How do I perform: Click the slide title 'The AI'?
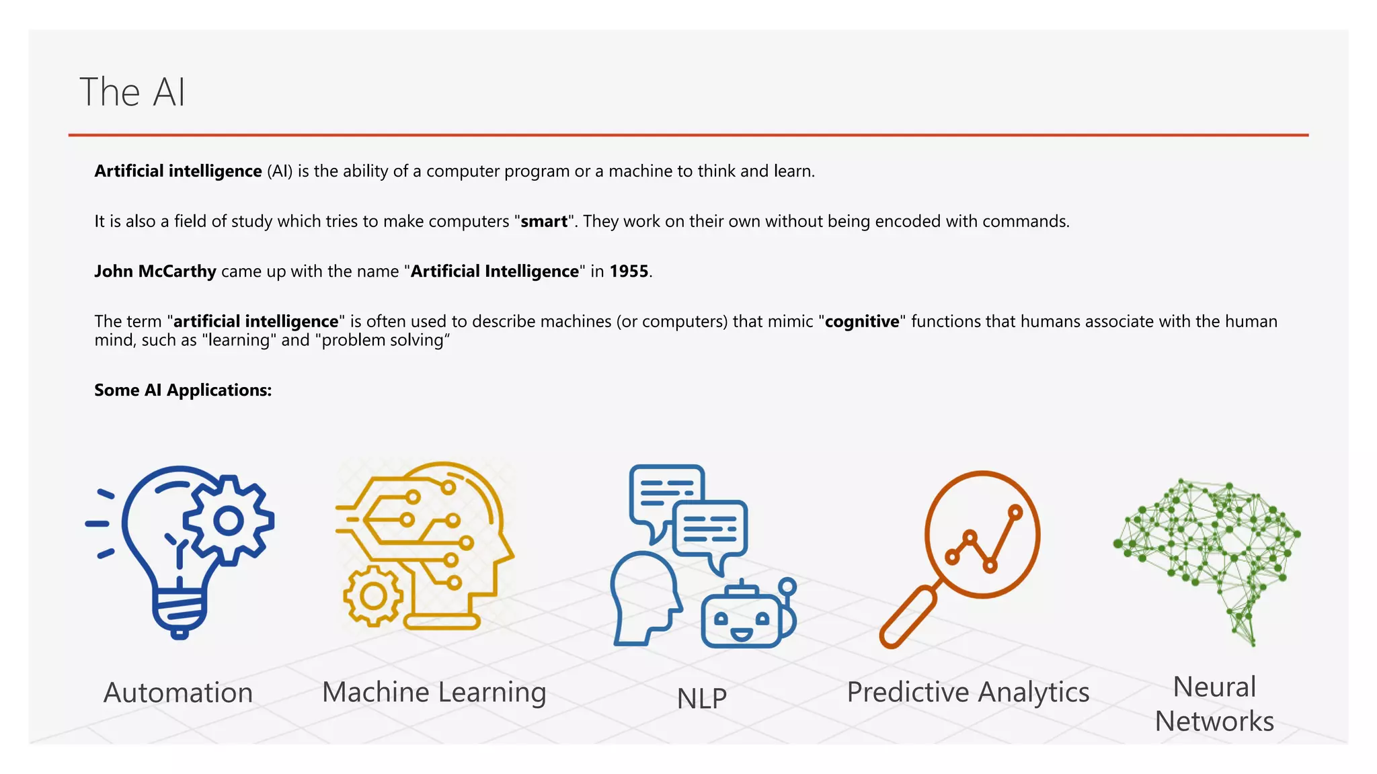click(132, 92)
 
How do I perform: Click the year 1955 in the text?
click(629, 271)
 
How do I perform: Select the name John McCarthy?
click(155, 271)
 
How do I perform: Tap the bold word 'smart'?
click(544, 222)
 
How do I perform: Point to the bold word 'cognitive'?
click(862, 322)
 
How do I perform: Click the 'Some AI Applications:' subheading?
click(183, 390)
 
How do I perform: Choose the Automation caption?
click(178, 693)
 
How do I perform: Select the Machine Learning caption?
click(434, 692)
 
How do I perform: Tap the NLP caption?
click(702, 699)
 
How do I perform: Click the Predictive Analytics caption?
click(968, 692)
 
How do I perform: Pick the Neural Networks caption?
click(1214, 704)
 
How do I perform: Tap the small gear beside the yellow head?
click(373, 596)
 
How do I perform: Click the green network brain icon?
click(1207, 551)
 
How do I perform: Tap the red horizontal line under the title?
click(688, 135)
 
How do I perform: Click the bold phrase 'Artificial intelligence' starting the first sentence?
click(178, 171)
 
